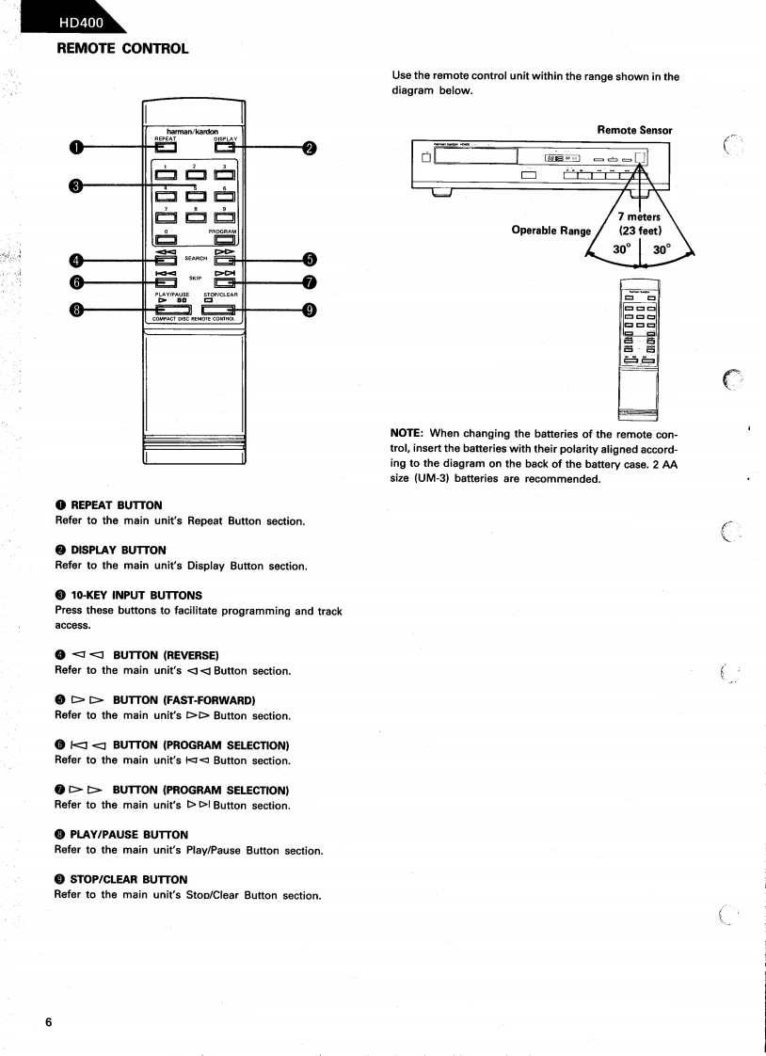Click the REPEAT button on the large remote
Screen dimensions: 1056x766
[166, 146]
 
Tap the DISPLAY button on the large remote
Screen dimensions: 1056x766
[223, 146]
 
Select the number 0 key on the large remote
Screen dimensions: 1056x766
[166, 238]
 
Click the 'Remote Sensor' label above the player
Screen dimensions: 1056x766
[634, 130]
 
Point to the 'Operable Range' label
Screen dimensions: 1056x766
[551, 231]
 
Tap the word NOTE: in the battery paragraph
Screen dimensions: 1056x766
[407, 433]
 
